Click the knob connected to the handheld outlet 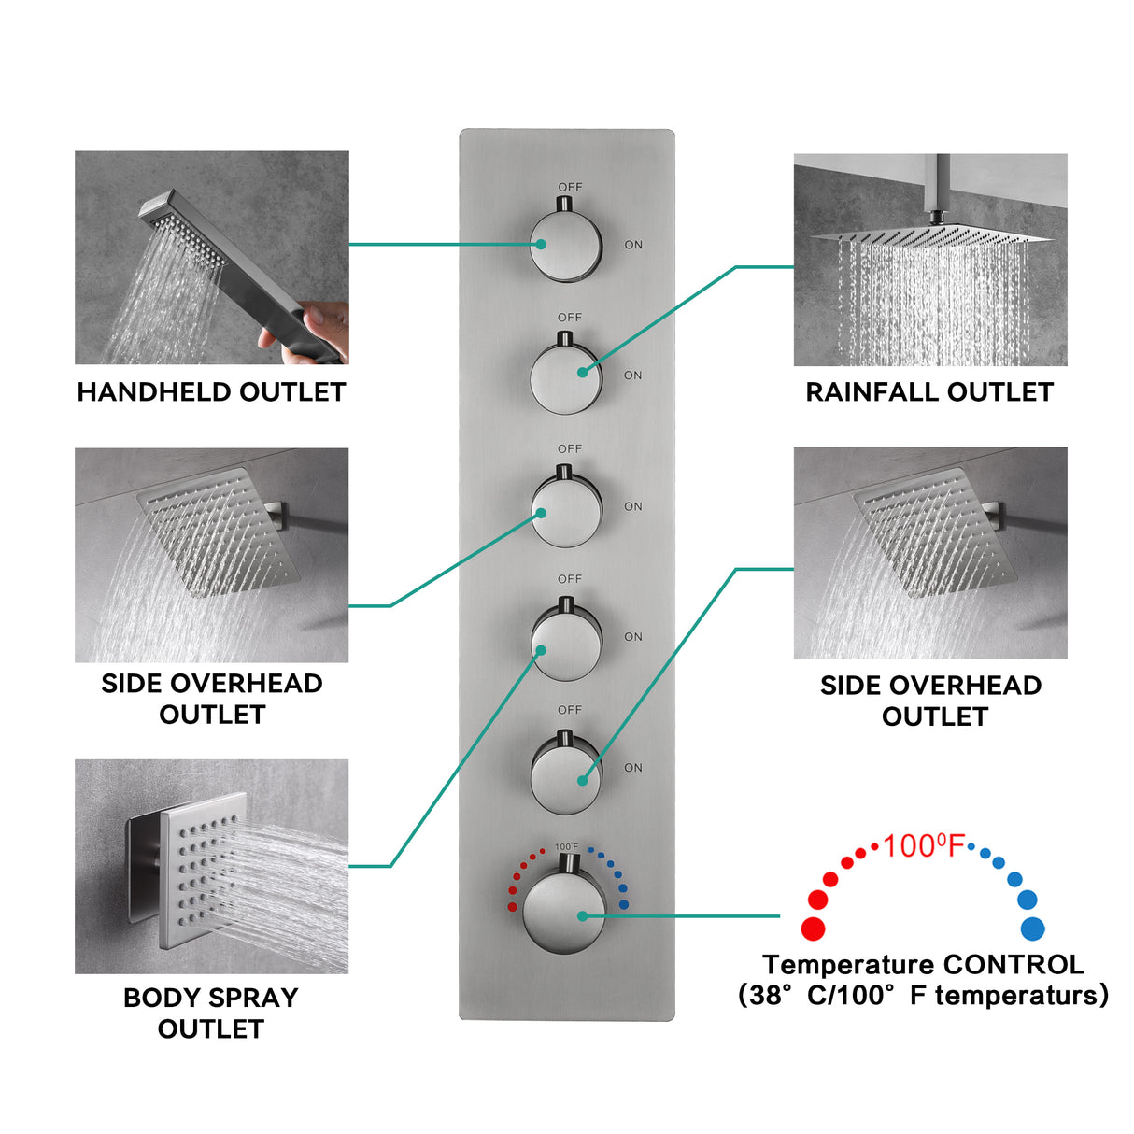(x=566, y=245)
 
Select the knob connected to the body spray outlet (x=566, y=643)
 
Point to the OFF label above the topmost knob (x=570, y=187)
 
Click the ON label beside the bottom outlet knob (x=633, y=768)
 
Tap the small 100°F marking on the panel (x=566, y=847)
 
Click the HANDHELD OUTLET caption (x=211, y=392)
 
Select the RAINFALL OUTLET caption (x=929, y=392)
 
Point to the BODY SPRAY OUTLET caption (x=211, y=1013)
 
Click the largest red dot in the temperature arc (x=813, y=928)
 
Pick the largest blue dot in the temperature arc (x=1032, y=928)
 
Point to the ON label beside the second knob (x=633, y=376)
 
